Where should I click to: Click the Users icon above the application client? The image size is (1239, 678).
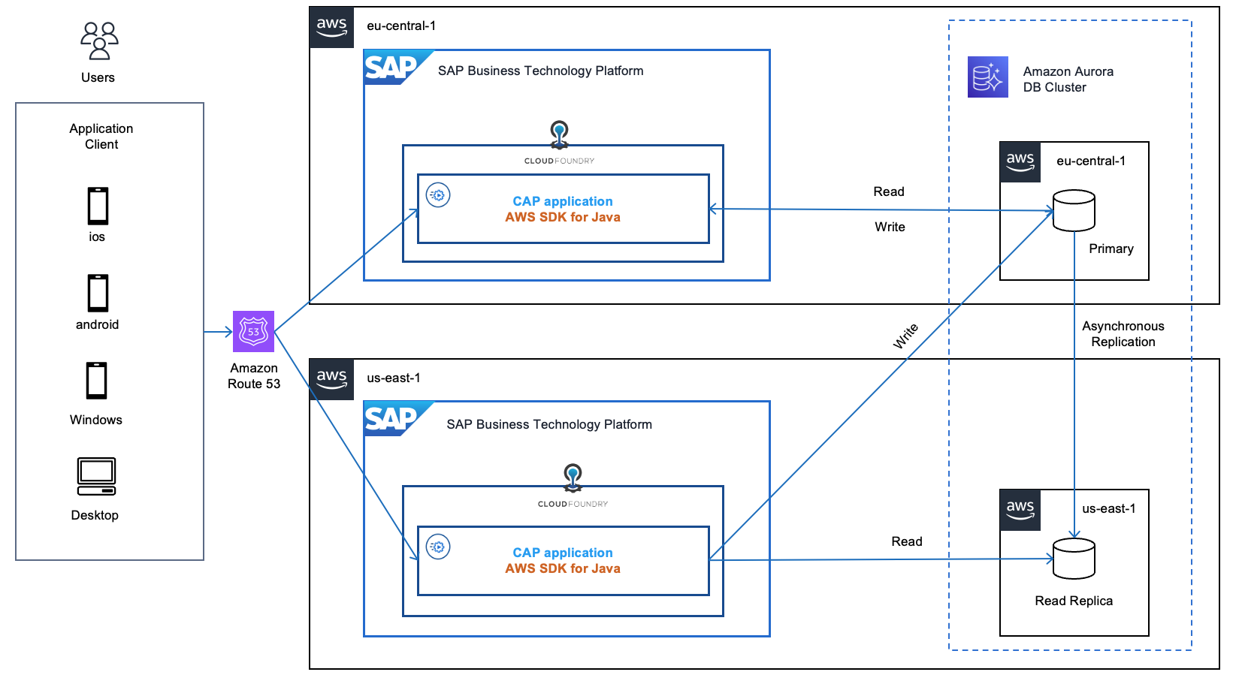(x=99, y=41)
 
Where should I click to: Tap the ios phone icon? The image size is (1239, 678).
(x=98, y=206)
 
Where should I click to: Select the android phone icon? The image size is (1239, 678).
(x=98, y=293)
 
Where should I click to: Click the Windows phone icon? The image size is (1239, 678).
(x=96, y=381)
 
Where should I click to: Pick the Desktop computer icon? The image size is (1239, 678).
(x=96, y=477)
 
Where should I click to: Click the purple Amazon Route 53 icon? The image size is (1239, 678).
(x=253, y=331)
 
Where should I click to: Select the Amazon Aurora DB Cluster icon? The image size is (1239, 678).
(x=987, y=77)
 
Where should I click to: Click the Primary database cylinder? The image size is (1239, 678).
(x=1074, y=210)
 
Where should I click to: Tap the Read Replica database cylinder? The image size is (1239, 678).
(x=1074, y=559)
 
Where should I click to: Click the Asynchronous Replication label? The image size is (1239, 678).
(x=1123, y=334)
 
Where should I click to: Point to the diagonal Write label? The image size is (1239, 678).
(x=905, y=336)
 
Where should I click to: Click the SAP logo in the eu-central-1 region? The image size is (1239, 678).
(x=392, y=68)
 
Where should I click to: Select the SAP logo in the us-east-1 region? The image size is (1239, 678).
(x=392, y=420)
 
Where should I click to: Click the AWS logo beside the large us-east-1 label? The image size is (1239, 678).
(x=331, y=379)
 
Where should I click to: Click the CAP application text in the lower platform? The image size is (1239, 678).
(x=562, y=553)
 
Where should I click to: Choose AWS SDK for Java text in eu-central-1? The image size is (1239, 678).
(x=562, y=217)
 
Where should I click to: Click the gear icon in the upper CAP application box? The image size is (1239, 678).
(x=438, y=195)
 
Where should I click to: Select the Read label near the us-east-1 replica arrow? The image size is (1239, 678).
(x=906, y=541)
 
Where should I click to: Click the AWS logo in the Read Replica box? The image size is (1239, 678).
(x=1020, y=510)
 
